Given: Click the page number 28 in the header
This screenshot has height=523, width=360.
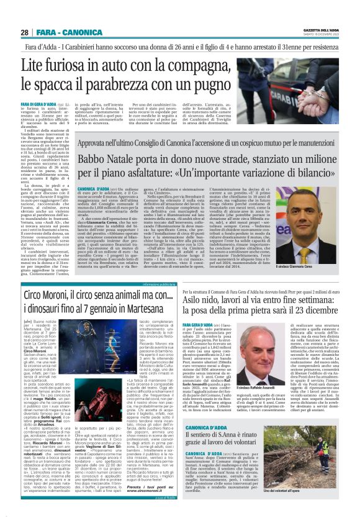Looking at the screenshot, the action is [x=24, y=32].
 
